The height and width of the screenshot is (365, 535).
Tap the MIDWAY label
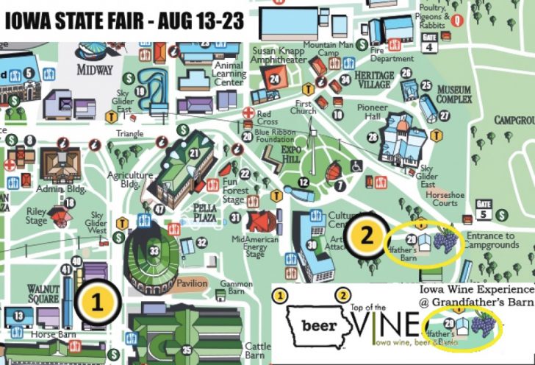click(96, 70)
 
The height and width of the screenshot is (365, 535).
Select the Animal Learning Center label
click(228, 73)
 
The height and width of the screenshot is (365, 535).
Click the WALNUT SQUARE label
click(42, 294)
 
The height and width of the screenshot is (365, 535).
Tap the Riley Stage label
click(37, 216)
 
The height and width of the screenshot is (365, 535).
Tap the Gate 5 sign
click(483, 209)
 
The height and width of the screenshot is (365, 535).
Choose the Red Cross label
click(264, 118)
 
